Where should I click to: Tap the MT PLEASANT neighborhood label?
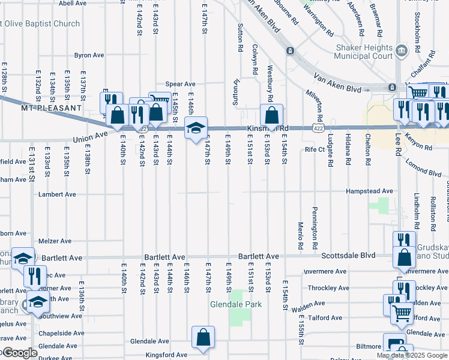pos(51,107)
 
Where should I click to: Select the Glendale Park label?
pos(236,304)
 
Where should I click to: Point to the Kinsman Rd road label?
pos(268,128)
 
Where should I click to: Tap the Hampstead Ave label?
pos(369,191)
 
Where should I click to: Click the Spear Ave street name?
pos(181,84)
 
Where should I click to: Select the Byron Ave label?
pos(89,55)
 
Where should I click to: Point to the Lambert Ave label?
pos(57,194)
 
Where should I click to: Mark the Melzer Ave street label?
pos(55,241)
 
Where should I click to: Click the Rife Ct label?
pos(315,149)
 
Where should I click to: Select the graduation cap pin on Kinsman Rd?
pos(196,128)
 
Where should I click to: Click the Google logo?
pos(19,353)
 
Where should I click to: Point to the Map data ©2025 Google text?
pos(412,355)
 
